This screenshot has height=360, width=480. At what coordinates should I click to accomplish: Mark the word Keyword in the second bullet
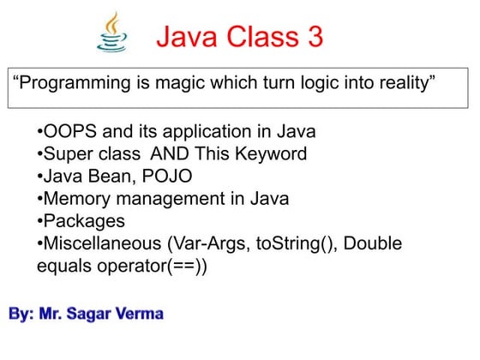coord(273,155)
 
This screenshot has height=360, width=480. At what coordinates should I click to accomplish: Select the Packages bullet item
coord(84,222)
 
